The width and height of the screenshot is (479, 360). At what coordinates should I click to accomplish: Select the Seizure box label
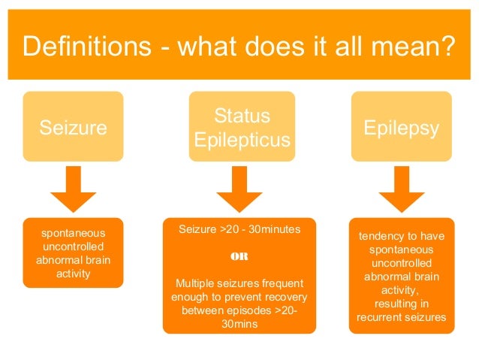pos(73,128)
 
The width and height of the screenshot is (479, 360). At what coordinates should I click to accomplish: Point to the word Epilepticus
pos(242,140)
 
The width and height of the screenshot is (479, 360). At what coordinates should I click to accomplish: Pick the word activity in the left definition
pos(72,274)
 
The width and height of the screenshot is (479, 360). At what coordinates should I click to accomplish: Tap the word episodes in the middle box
pos(252,310)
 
